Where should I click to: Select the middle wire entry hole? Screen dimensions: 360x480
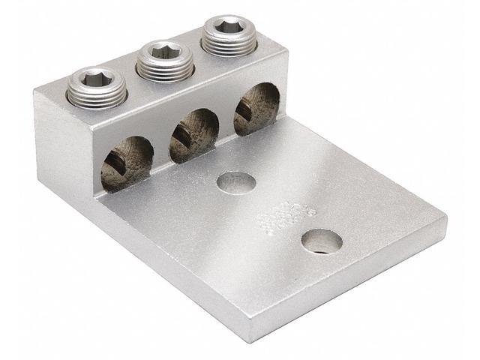[x=193, y=135]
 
